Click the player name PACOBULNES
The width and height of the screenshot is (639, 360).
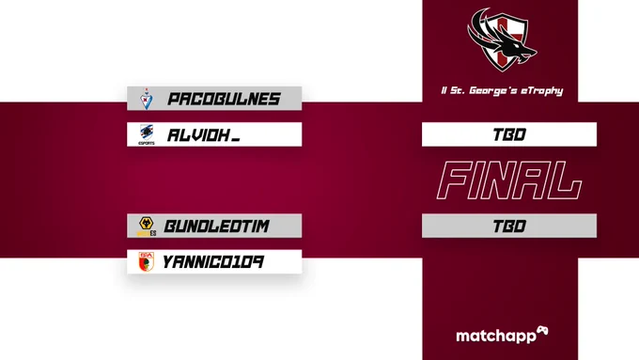[x=224, y=99]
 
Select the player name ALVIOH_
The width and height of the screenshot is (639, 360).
[x=203, y=135]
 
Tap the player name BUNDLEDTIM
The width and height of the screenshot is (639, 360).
[x=216, y=226]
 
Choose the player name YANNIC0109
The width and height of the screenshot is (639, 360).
[x=213, y=261]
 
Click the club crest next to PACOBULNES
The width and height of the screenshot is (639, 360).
[x=147, y=99]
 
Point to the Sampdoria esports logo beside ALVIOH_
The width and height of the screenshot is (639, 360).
[x=147, y=134]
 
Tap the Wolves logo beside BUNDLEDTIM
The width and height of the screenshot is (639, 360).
[x=147, y=227]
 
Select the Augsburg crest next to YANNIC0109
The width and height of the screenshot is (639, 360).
[x=146, y=261]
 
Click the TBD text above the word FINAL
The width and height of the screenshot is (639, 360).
[x=509, y=134]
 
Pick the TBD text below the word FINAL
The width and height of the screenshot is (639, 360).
[x=509, y=226]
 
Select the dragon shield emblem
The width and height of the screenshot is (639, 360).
[x=502, y=39]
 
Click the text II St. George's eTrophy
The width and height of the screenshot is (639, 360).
[x=502, y=90]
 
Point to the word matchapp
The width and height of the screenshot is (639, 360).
[x=496, y=337]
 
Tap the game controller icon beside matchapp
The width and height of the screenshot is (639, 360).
[x=542, y=331]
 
